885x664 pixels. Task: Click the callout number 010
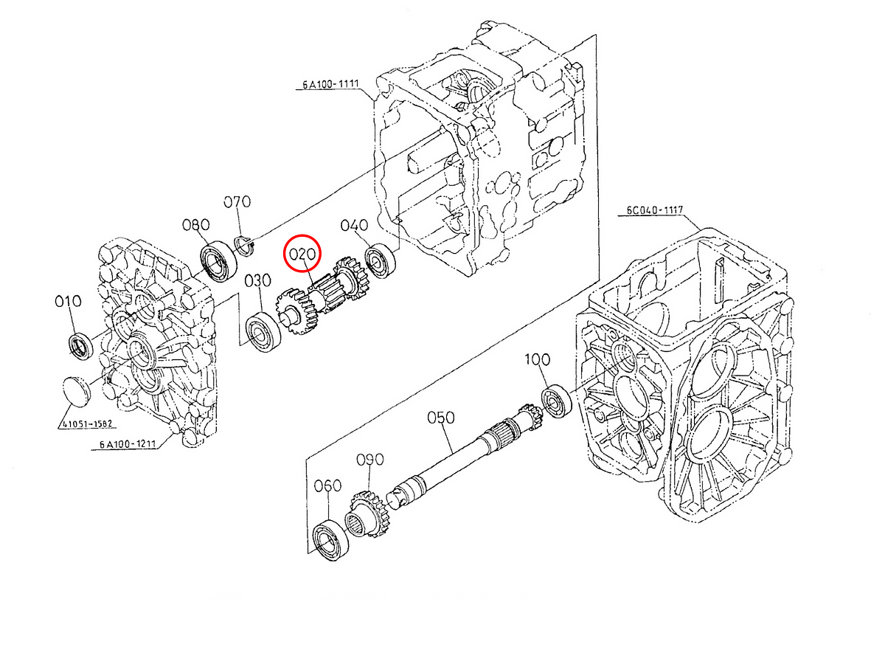[x=67, y=302]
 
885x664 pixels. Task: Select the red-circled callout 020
[x=302, y=255]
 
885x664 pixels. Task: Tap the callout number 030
[x=258, y=281]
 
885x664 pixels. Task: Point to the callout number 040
[x=354, y=226]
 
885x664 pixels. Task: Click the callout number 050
[x=441, y=418]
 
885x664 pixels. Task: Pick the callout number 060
[x=327, y=485]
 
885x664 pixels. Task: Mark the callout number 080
[x=196, y=225]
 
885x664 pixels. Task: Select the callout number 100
[x=537, y=359]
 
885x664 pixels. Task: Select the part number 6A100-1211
[x=126, y=445]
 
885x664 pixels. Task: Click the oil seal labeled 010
[x=80, y=345]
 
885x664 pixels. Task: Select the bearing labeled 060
[x=328, y=540]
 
